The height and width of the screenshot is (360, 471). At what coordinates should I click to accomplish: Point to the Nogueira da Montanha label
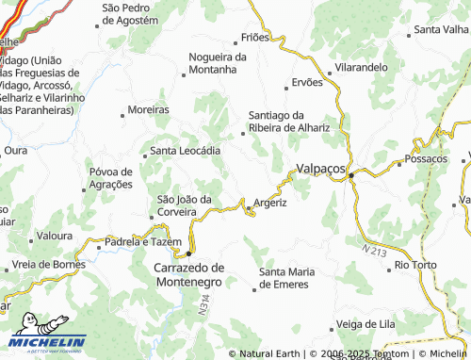(x=218, y=62)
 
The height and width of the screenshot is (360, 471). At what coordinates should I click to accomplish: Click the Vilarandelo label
(x=361, y=68)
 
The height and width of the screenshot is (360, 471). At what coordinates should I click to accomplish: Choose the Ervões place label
(x=307, y=82)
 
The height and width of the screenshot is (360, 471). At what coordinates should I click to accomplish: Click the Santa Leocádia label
(x=186, y=151)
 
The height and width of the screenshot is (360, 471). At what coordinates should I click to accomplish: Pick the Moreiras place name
(x=148, y=109)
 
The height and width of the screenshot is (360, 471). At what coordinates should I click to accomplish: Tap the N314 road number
(x=202, y=303)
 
